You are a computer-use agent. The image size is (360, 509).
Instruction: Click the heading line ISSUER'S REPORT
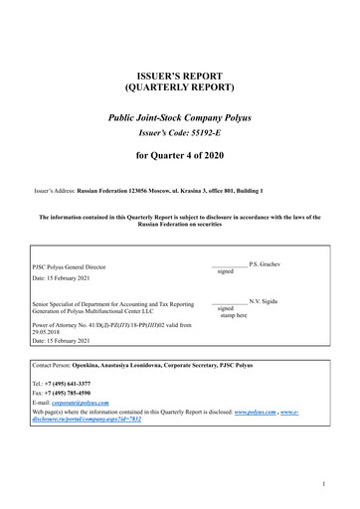click(179, 76)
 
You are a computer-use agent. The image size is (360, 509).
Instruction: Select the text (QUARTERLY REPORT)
click(179, 88)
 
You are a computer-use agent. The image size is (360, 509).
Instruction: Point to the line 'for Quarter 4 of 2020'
click(179, 155)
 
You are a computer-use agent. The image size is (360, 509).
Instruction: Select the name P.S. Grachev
click(267, 261)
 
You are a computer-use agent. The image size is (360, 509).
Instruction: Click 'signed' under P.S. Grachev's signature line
click(225, 270)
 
